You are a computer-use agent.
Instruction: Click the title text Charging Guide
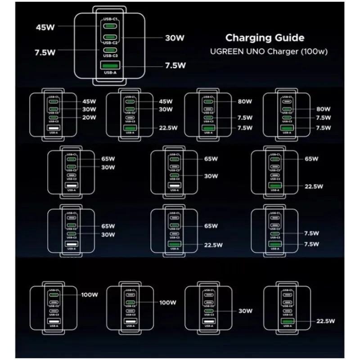265,38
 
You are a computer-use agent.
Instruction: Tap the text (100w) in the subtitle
315,51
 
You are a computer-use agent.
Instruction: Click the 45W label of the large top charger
45,27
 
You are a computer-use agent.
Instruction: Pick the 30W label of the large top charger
175,38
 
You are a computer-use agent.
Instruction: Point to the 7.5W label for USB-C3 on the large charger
45,52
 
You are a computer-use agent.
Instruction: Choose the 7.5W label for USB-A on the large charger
175,65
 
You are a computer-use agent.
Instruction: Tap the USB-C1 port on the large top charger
110,26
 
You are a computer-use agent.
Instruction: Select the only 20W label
90,118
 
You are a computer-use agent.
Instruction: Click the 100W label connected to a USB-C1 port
90,295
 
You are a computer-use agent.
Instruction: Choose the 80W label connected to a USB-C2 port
324,109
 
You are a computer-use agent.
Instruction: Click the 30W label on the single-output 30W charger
246,311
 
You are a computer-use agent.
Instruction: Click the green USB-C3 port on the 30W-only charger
209,311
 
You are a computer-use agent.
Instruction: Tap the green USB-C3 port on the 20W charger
53,118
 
